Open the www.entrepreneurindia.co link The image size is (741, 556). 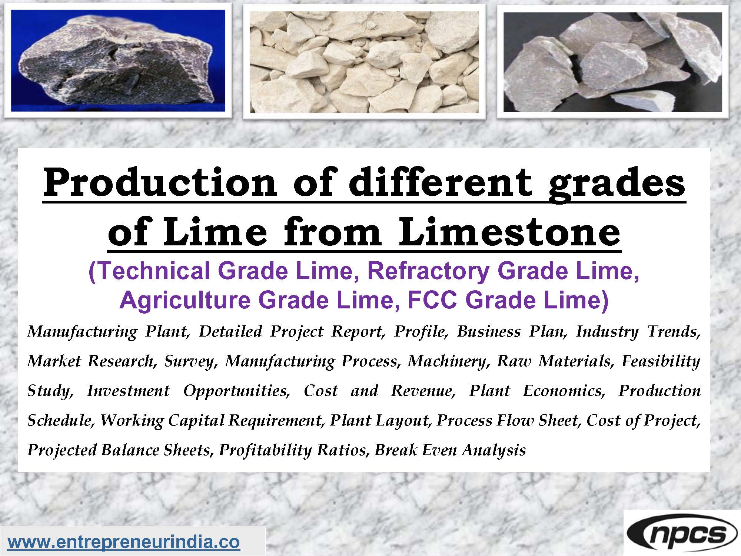click(x=124, y=542)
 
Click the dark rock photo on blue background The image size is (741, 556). click(x=118, y=61)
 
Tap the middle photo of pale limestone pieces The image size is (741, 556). click(x=364, y=62)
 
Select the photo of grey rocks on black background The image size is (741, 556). click(x=612, y=62)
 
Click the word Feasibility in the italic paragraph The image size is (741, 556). click(x=661, y=361)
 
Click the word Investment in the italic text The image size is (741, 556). click(x=128, y=391)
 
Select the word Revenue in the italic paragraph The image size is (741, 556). click(x=423, y=391)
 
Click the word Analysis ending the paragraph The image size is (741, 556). click(x=494, y=450)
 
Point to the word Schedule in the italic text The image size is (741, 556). click(x=59, y=420)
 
